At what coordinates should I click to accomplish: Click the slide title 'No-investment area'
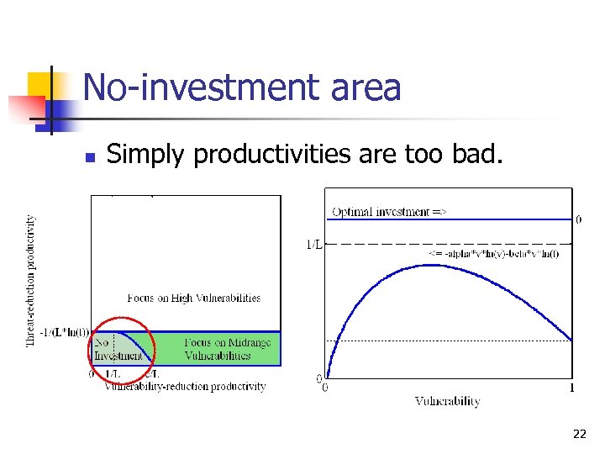[x=242, y=87]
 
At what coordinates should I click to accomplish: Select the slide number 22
[x=579, y=434]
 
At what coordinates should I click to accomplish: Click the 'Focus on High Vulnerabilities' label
[x=193, y=298]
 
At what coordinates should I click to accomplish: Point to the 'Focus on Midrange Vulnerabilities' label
[x=217, y=349]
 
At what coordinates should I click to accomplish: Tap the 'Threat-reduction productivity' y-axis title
[x=31, y=280]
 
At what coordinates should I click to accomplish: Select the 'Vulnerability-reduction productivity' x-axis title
[x=185, y=387]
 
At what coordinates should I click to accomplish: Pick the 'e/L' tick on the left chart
[x=152, y=374]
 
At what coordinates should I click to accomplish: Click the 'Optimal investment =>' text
[x=389, y=212]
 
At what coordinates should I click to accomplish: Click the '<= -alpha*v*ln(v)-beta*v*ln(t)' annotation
[x=493, y=253]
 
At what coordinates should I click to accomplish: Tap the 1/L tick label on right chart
[x=313, y=245]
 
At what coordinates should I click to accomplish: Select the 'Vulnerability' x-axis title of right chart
[x=447, y=402]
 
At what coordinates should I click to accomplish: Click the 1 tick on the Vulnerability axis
[x=572, y=388]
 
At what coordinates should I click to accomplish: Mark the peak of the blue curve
[x=431, y=265]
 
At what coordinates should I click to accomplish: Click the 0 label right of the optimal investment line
[x=578, y=219]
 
